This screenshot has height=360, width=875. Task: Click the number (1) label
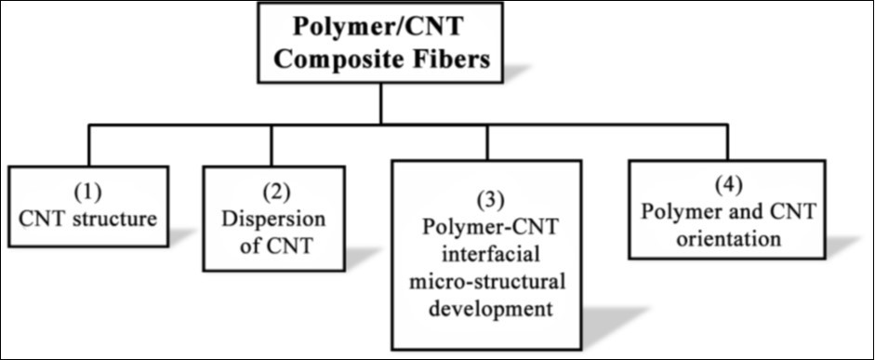pos(89,193)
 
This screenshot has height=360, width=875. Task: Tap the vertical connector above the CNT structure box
pos(89,145)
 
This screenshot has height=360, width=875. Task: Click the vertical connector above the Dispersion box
pos(272,145)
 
